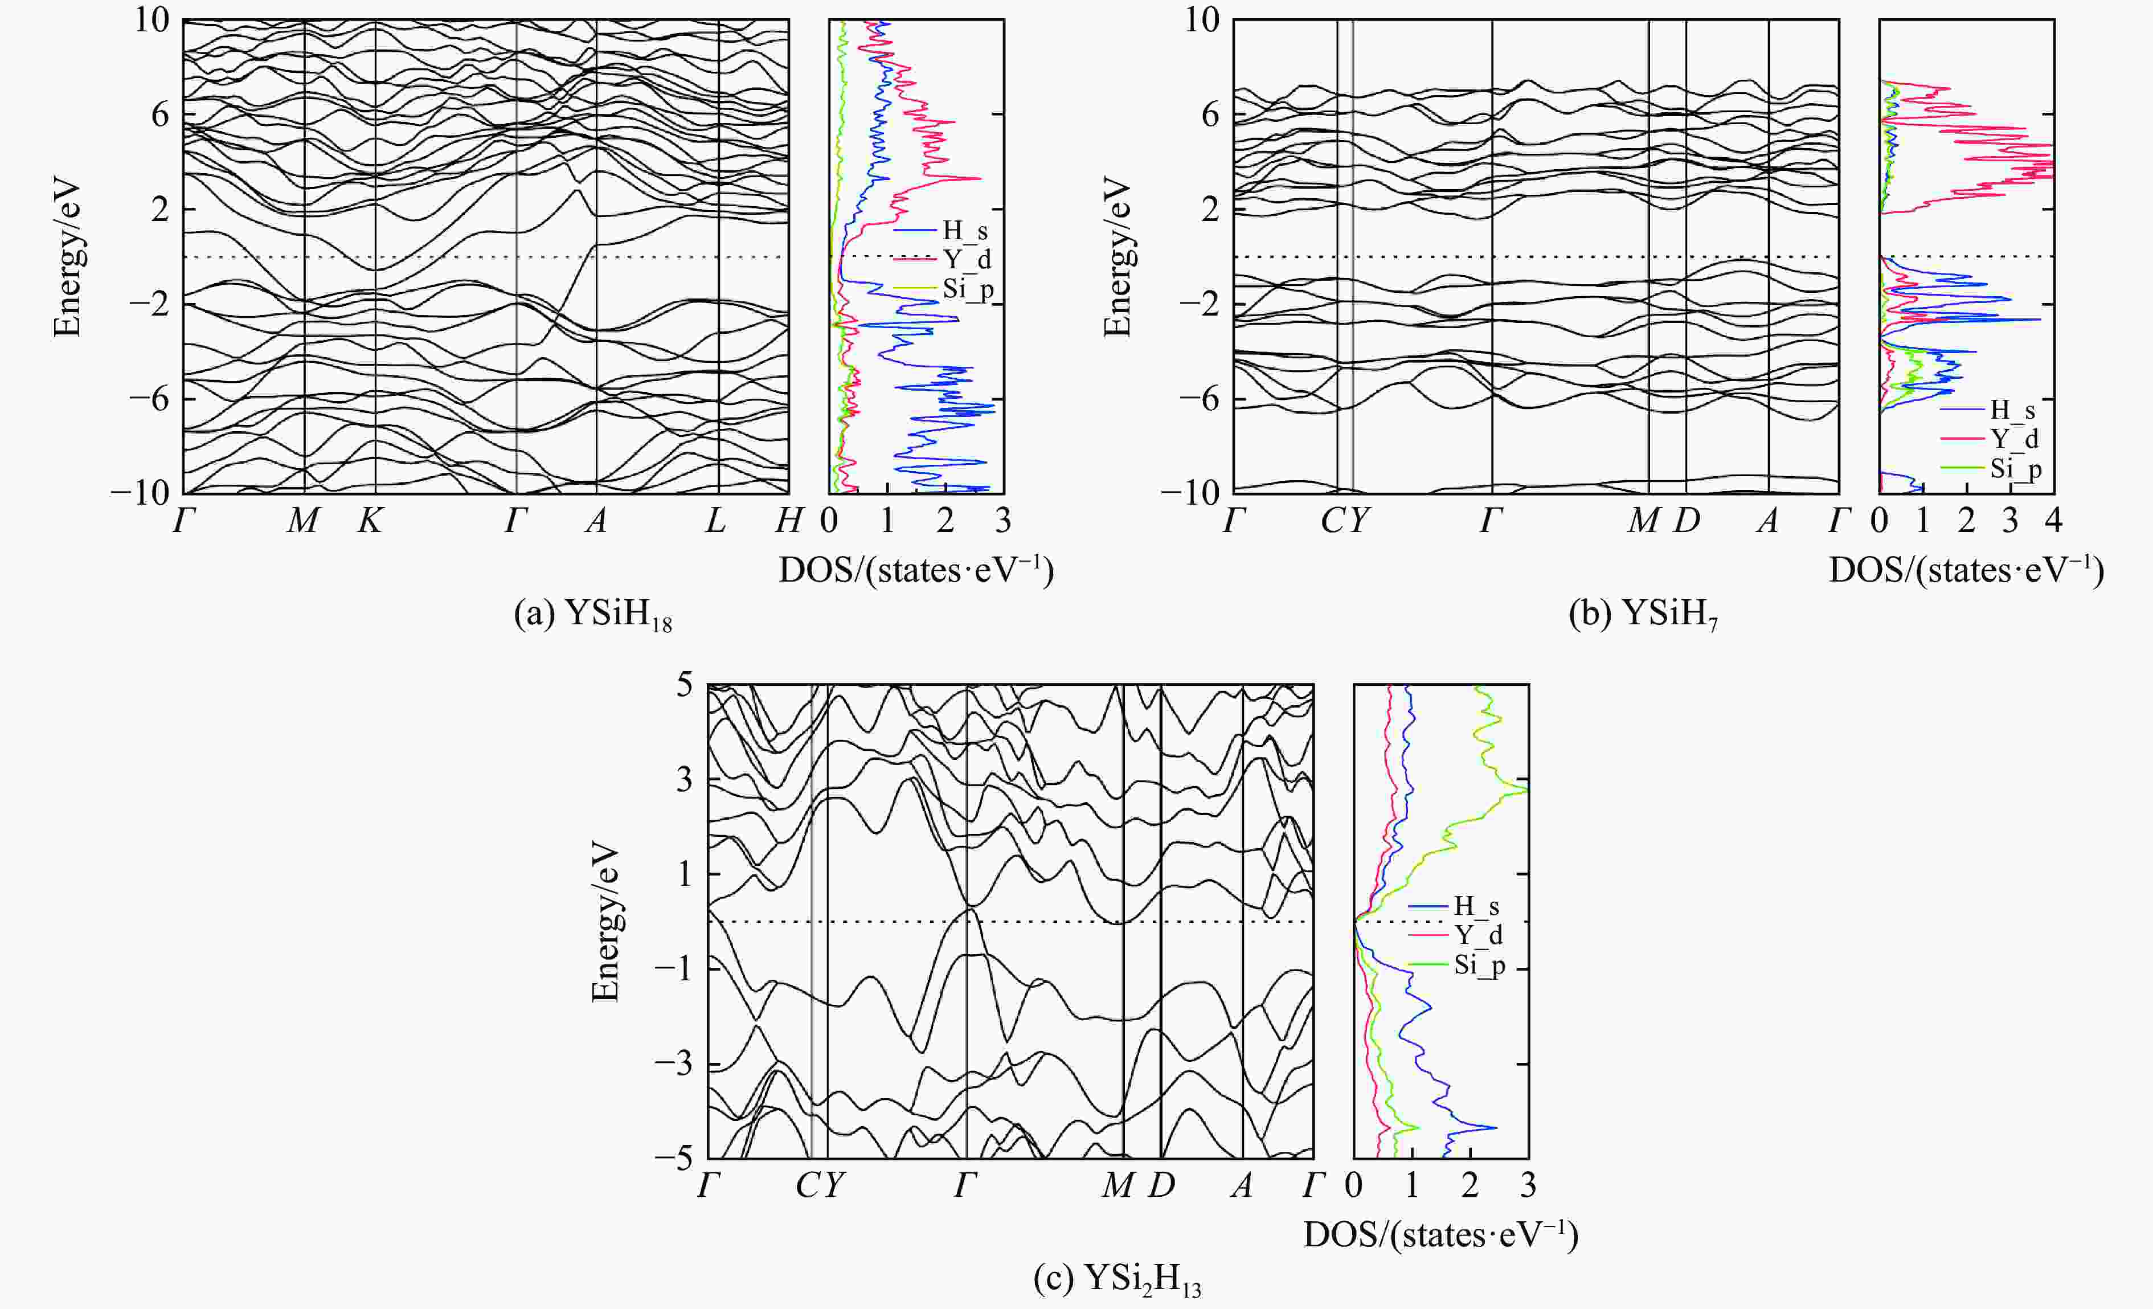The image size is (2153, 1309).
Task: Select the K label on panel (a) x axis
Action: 370,521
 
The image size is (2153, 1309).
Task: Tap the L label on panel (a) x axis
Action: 715,521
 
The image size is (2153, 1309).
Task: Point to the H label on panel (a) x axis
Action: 788,521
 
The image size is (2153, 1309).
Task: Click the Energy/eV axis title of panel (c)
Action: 605,921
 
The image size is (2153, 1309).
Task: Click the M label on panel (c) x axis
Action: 1118,1186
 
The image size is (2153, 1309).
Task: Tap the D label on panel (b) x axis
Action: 1687,521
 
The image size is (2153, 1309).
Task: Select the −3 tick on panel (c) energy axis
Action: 674,1064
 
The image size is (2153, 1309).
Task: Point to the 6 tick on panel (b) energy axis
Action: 1209,114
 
